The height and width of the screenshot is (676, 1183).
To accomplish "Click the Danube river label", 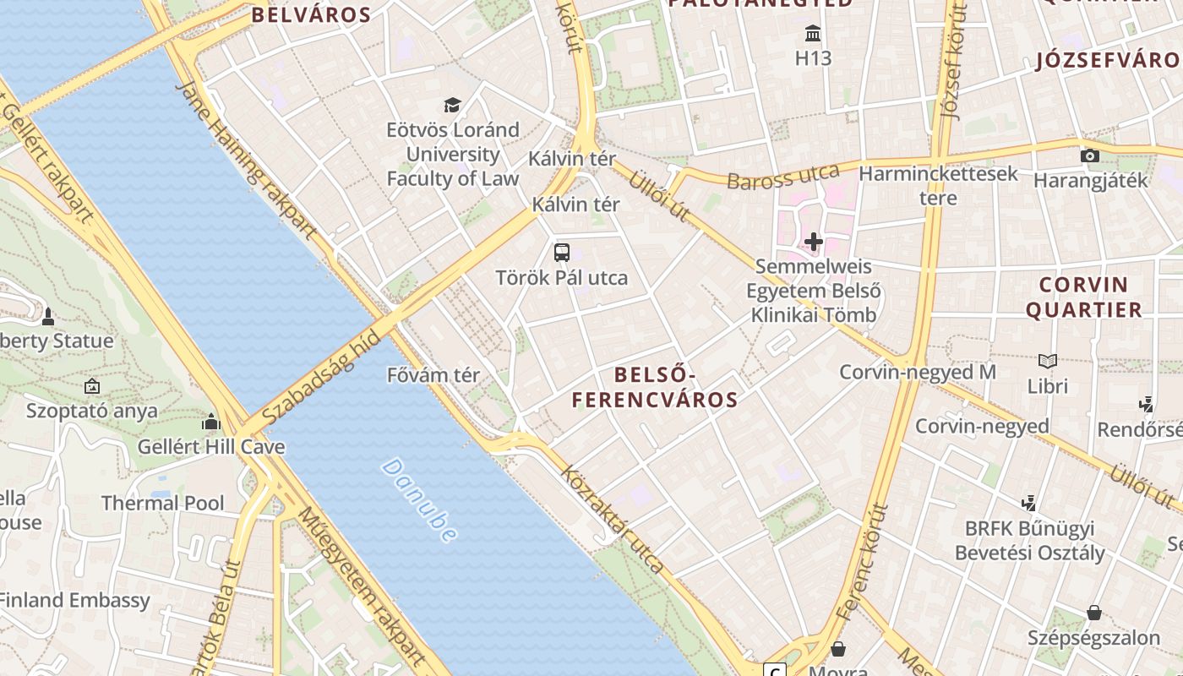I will point(420,500).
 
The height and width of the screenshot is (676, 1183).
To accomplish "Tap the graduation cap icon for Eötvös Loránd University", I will point(453,106).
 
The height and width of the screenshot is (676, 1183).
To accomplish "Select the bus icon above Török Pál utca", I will point(562,252).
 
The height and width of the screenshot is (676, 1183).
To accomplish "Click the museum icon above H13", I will point(814,34).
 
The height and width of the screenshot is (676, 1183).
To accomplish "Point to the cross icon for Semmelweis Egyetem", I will point(814,243).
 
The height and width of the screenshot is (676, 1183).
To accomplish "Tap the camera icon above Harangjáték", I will point(1090,155).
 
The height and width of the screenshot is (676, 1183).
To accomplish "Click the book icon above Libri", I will point(1048,361).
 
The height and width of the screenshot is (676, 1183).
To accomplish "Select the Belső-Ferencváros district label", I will point(655,387).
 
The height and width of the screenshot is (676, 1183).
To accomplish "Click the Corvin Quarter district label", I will point(1084,297).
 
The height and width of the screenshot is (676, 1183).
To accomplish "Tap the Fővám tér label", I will point(433,375).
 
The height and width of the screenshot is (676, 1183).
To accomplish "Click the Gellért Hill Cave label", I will point(211,446).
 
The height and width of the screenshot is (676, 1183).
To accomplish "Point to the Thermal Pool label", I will point(163,504).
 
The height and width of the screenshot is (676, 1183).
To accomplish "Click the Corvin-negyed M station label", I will point(918,372).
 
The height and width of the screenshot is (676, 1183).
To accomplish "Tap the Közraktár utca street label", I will point(613,520).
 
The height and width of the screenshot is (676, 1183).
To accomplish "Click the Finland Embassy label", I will point(74,601).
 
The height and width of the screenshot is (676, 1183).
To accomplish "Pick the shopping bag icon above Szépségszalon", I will point(1094,612).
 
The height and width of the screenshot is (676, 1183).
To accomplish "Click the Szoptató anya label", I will point(92,411).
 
